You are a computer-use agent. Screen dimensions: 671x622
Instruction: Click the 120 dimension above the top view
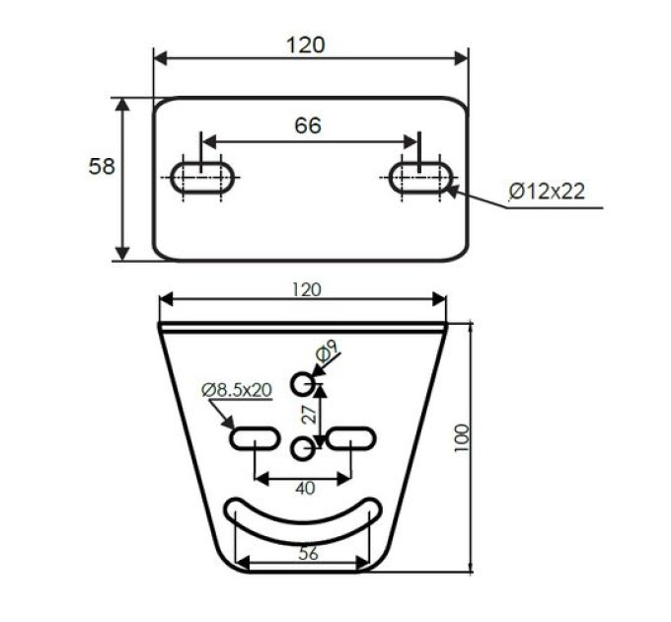point(306,44)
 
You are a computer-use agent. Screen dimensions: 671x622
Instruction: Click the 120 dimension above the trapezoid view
point(307,290)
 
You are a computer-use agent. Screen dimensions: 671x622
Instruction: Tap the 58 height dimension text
point(102,166)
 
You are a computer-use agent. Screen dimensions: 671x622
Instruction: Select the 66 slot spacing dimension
point(308,125)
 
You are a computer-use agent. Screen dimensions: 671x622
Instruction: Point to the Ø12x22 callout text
point(547,191)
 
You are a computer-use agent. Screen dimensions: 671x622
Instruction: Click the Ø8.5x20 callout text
point(237,390)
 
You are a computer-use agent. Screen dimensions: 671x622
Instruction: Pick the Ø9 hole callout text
point(327,351)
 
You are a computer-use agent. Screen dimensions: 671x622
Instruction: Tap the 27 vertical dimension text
point(310,414)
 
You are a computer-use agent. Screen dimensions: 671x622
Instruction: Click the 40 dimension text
point(305,488)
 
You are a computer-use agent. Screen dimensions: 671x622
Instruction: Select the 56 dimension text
point(309,553)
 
